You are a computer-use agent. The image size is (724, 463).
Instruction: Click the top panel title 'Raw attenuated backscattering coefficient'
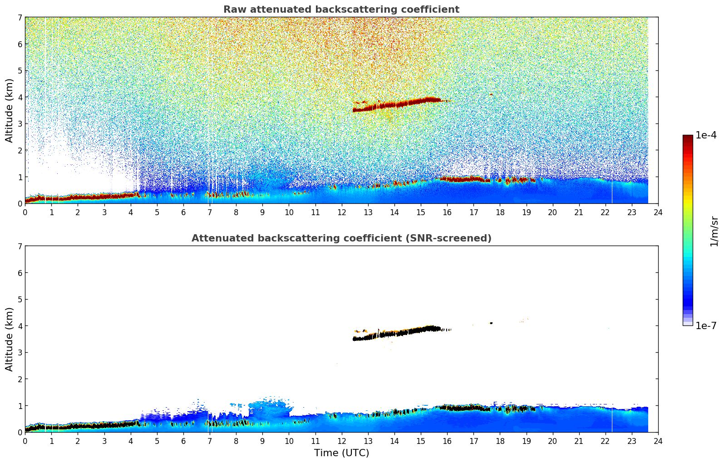(341, 10)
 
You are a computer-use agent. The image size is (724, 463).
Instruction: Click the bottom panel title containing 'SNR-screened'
(341, 238)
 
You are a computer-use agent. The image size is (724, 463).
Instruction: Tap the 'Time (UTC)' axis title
(341, 453)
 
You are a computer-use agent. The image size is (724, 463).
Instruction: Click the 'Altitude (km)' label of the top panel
(9, 110)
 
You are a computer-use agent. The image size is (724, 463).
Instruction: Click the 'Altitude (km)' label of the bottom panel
(9, 339)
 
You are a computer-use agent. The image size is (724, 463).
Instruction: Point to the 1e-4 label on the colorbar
(706, 135)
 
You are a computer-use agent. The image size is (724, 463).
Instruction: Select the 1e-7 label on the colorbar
(706, 325)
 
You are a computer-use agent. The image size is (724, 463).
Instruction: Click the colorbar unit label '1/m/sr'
(714, 231)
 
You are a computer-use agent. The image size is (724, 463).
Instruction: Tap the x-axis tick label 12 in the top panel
(341, 212)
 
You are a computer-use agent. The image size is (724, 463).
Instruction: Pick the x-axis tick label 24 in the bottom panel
(658, 441)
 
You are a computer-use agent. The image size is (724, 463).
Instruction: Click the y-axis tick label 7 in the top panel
(20, 18)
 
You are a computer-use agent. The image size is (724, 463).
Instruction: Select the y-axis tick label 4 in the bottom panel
(20, 326)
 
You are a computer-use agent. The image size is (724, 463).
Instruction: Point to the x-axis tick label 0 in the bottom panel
(25, 441)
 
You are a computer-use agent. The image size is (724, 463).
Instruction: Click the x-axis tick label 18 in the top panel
(500, 212)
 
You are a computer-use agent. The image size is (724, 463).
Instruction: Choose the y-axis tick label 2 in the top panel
(20, 150)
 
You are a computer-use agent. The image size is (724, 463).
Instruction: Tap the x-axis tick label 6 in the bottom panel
(183, 441)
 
